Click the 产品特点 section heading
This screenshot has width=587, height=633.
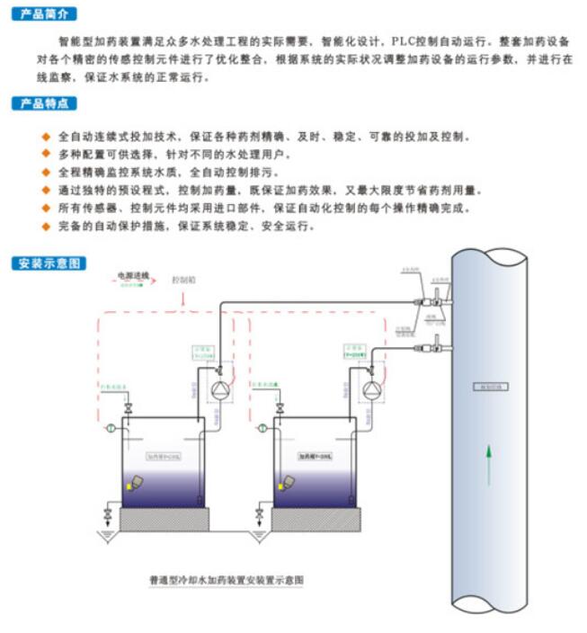tap(44, 103)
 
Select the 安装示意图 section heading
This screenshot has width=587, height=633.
tap(49, 263)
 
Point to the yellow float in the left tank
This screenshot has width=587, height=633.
tap(138, 484)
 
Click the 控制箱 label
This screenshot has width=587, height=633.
tap(183, 280)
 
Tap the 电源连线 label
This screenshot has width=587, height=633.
tap(133, 273)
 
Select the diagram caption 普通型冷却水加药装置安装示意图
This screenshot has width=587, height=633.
tap(226, 581)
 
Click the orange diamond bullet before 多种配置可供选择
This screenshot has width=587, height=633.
tap(47, 155)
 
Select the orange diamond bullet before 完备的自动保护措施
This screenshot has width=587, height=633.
tap(47, 226)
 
